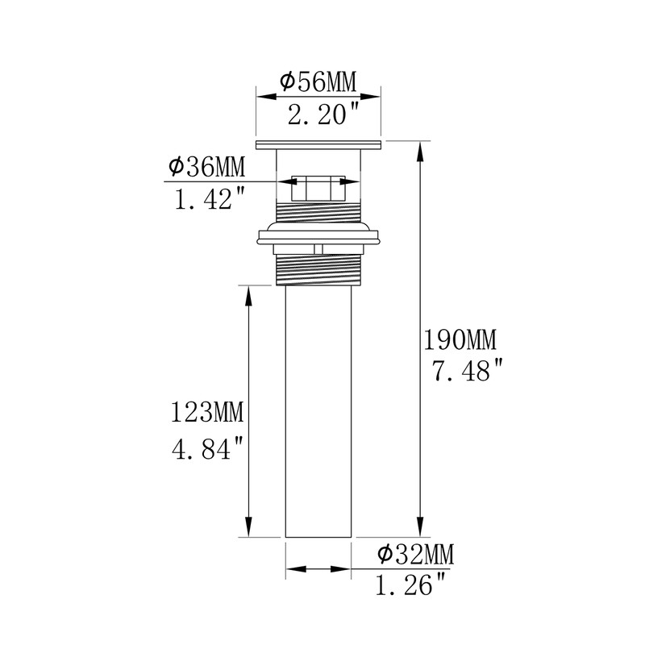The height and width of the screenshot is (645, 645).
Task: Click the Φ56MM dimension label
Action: pyautogui.click(x=318, y=81)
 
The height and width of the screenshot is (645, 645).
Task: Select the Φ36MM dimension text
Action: pyautogui.click(x=206, y=167)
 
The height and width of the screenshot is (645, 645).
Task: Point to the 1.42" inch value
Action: pyautogui.click(x=210, y=198)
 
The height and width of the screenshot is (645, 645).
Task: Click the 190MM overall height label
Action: pyautogui.click(x=460, y=339)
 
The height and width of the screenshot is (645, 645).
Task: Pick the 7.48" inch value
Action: pyautogui.click(x=468, y=370)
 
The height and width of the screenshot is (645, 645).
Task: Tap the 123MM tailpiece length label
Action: pyautogui.click(x=207, y=412)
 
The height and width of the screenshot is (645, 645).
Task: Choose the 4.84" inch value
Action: pyautogui.click(x=208, y=449)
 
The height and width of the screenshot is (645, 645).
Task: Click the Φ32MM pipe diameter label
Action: pyautogui.click(x=415, y=554)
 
